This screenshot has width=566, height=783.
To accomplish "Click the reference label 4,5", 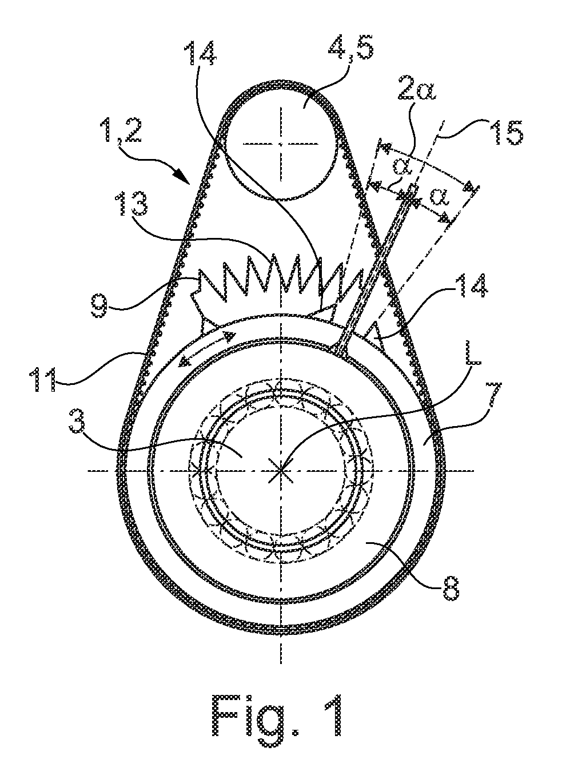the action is point(350,49).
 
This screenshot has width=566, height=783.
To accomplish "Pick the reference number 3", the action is point(77,424).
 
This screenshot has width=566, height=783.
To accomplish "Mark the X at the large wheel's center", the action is point(281,471).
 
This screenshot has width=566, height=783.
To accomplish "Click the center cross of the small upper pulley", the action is point(281,143).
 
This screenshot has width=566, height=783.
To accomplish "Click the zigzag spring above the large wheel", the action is point(280,278).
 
